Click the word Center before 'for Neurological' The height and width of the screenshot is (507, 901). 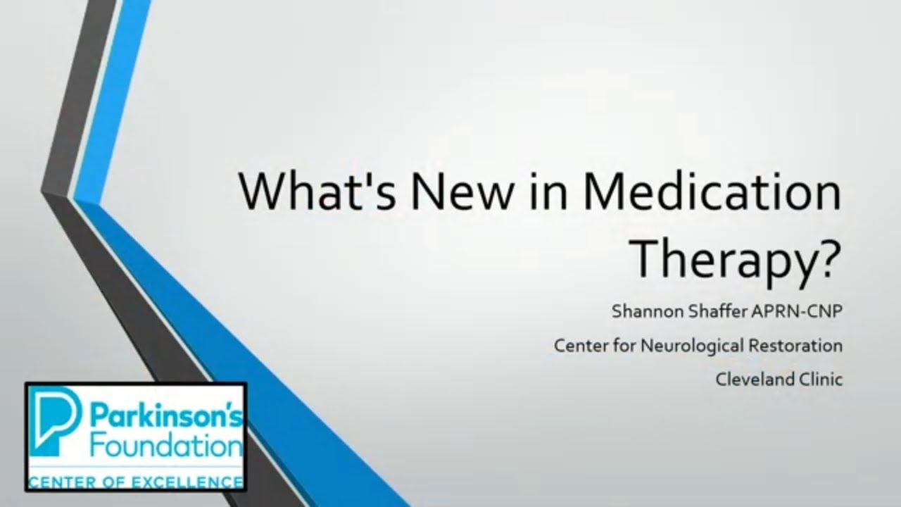(579, 346)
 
